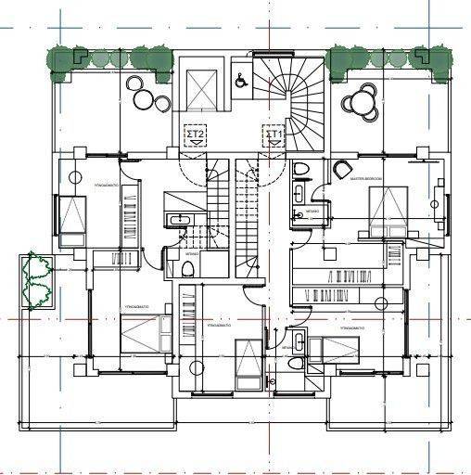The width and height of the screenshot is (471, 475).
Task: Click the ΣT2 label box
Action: point(197,135)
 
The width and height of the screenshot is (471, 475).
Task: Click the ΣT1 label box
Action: point(274,135)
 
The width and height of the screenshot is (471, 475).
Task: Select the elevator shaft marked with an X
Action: point(199,89)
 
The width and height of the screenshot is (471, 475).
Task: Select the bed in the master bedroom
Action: point(388,208)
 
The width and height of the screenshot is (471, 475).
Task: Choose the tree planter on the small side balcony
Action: point(38,279)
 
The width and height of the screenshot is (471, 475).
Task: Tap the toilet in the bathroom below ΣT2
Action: point(186,268)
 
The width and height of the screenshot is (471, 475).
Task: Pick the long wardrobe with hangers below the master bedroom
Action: point(348,295)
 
